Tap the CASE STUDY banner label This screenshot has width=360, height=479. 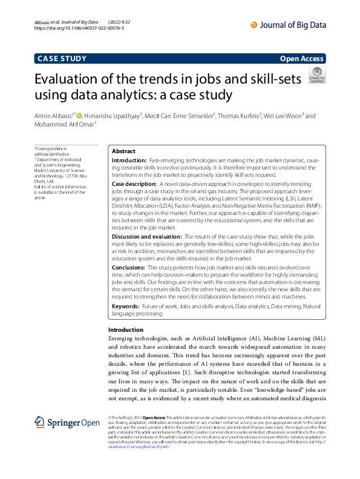[62, 59]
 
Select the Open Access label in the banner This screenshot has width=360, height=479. [302, 59]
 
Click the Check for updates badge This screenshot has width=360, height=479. [317, 75]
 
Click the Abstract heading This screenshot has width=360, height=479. [124, 151]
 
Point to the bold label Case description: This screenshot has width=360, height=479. [134, 183]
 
